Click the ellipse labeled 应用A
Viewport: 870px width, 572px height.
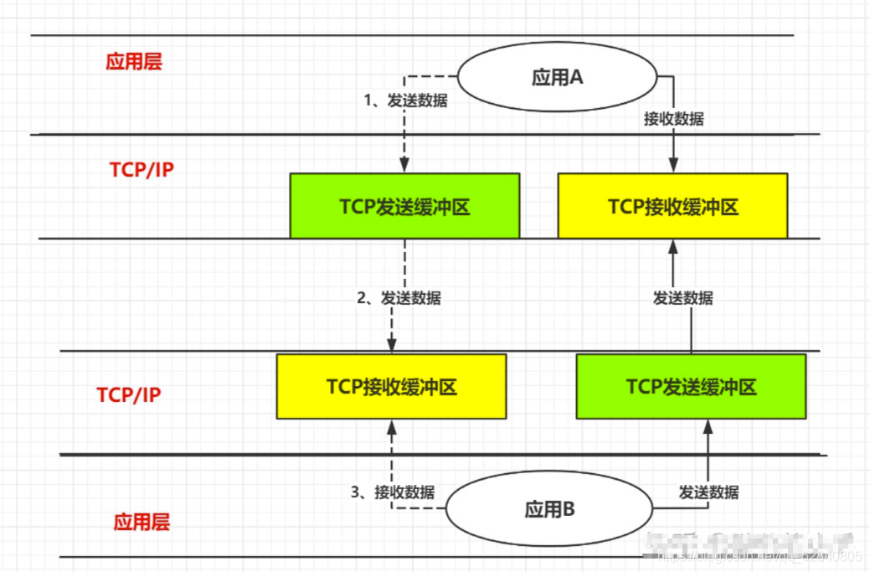[557, 78]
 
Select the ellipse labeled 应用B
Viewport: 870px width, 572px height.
[548, 508]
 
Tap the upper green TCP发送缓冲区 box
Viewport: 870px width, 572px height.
[404, 206]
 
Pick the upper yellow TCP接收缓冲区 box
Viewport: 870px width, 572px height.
[672, 206]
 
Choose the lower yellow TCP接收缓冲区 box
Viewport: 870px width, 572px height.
[391, 386]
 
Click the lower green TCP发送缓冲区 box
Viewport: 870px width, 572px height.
[691, 386]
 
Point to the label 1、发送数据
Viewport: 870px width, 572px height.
[405, 100]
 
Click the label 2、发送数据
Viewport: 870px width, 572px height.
[399, 297]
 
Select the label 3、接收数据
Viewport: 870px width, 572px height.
[393, 492]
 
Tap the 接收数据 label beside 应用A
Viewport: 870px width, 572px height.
[673, 119]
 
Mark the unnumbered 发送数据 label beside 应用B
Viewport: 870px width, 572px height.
[708, 492]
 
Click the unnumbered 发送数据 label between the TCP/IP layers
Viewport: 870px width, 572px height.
[682, 297]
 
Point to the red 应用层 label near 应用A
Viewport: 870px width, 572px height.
[134, 62]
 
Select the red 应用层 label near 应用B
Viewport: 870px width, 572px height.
[142, 523]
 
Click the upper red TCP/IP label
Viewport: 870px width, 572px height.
[142, 170]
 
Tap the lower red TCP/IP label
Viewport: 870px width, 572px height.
[129, 394]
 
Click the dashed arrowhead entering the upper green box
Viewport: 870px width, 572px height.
[404, 167]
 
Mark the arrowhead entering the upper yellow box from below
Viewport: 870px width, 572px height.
[672, 245]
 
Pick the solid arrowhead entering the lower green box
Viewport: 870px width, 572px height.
[708, 425]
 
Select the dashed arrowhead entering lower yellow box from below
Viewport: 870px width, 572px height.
[391, 425]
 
